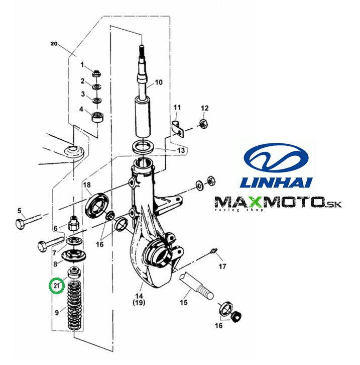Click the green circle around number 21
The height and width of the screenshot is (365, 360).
(56, 286)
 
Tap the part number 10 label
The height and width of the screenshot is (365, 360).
(159, 82)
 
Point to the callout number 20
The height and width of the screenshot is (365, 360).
(54, 44)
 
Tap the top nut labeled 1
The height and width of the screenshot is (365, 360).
(96, 74)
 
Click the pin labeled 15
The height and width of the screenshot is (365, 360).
(196, 287)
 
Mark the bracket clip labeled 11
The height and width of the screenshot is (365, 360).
(178, 129)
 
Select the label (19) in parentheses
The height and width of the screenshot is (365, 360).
(139, 302)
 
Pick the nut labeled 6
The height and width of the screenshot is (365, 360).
(74, 224)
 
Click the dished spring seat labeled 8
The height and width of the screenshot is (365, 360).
(74, 255)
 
